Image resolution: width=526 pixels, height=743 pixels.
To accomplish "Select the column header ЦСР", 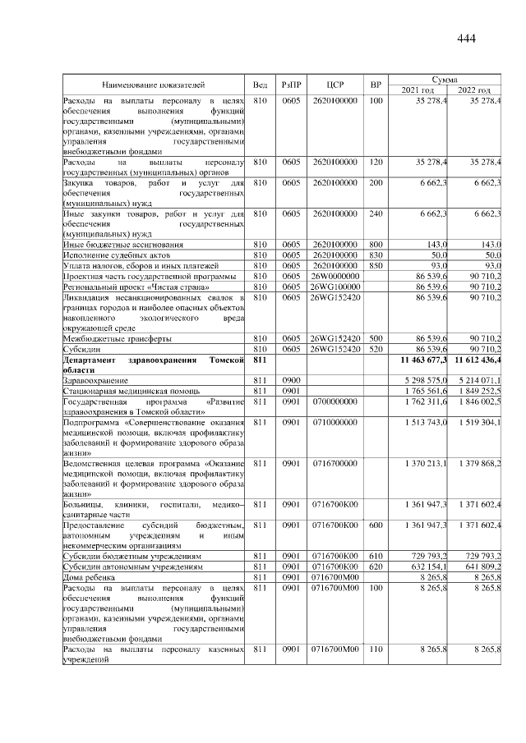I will (334, 85).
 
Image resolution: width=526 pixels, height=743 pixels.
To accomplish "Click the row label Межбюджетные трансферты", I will (115, 338).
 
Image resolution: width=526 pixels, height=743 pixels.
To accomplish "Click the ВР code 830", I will (376, 255).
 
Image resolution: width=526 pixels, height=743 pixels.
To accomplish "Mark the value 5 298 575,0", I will (422, 382).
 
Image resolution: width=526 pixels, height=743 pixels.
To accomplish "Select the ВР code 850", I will (376, 266).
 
